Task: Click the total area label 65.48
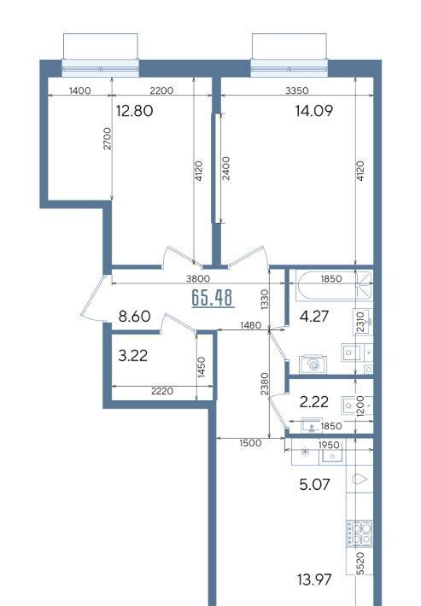213,298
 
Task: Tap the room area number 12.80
135,111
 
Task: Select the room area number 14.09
313,111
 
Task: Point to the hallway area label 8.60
134,317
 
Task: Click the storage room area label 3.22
132,356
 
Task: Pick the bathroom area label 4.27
314,317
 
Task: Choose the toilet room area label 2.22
314,402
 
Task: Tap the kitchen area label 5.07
314,484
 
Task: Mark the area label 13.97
314,580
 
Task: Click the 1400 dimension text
79,90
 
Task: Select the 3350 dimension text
297,90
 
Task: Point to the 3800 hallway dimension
198,278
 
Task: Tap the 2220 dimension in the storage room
162,392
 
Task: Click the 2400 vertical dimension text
226,168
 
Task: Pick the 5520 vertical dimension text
360,563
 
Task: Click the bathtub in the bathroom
334,286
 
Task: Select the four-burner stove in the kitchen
360,533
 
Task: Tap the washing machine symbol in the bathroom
313,364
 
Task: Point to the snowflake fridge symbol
305,452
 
